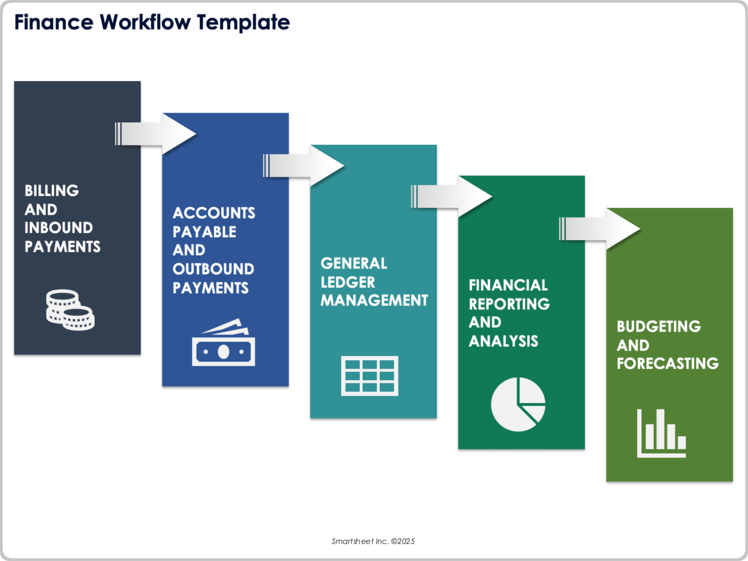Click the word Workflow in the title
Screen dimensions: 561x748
[x=145, y=22]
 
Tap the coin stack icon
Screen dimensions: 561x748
[x=70, y=310]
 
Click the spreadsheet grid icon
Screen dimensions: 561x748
[x=369, y=376]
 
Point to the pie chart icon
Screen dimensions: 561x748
[x=518, y=404]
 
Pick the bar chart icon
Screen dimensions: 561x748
[x=661, y=433]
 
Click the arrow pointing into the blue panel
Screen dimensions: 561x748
[x=156, y=134]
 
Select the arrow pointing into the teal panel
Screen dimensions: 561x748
[x=304, y=166]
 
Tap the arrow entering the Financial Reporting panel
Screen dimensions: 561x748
[x=452, y=196]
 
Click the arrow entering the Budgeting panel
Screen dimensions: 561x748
[x=600, y=229]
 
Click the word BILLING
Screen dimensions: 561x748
[x=51, y=191]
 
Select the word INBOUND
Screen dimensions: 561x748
[x=58, y=228]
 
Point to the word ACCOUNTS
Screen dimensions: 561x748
[x=214, y=213]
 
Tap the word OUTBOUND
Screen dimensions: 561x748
[x=213, y=269]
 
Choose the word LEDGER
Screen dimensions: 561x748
[x=348, y=282]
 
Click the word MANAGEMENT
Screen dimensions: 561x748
[x=374, y=300]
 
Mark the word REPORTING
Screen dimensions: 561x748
[x=509, y=304]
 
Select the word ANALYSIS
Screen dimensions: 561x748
[x=503, y=341]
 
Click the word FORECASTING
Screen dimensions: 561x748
[x=668, y=363]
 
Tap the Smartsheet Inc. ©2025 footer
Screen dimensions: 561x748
[x=373, y=541]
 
